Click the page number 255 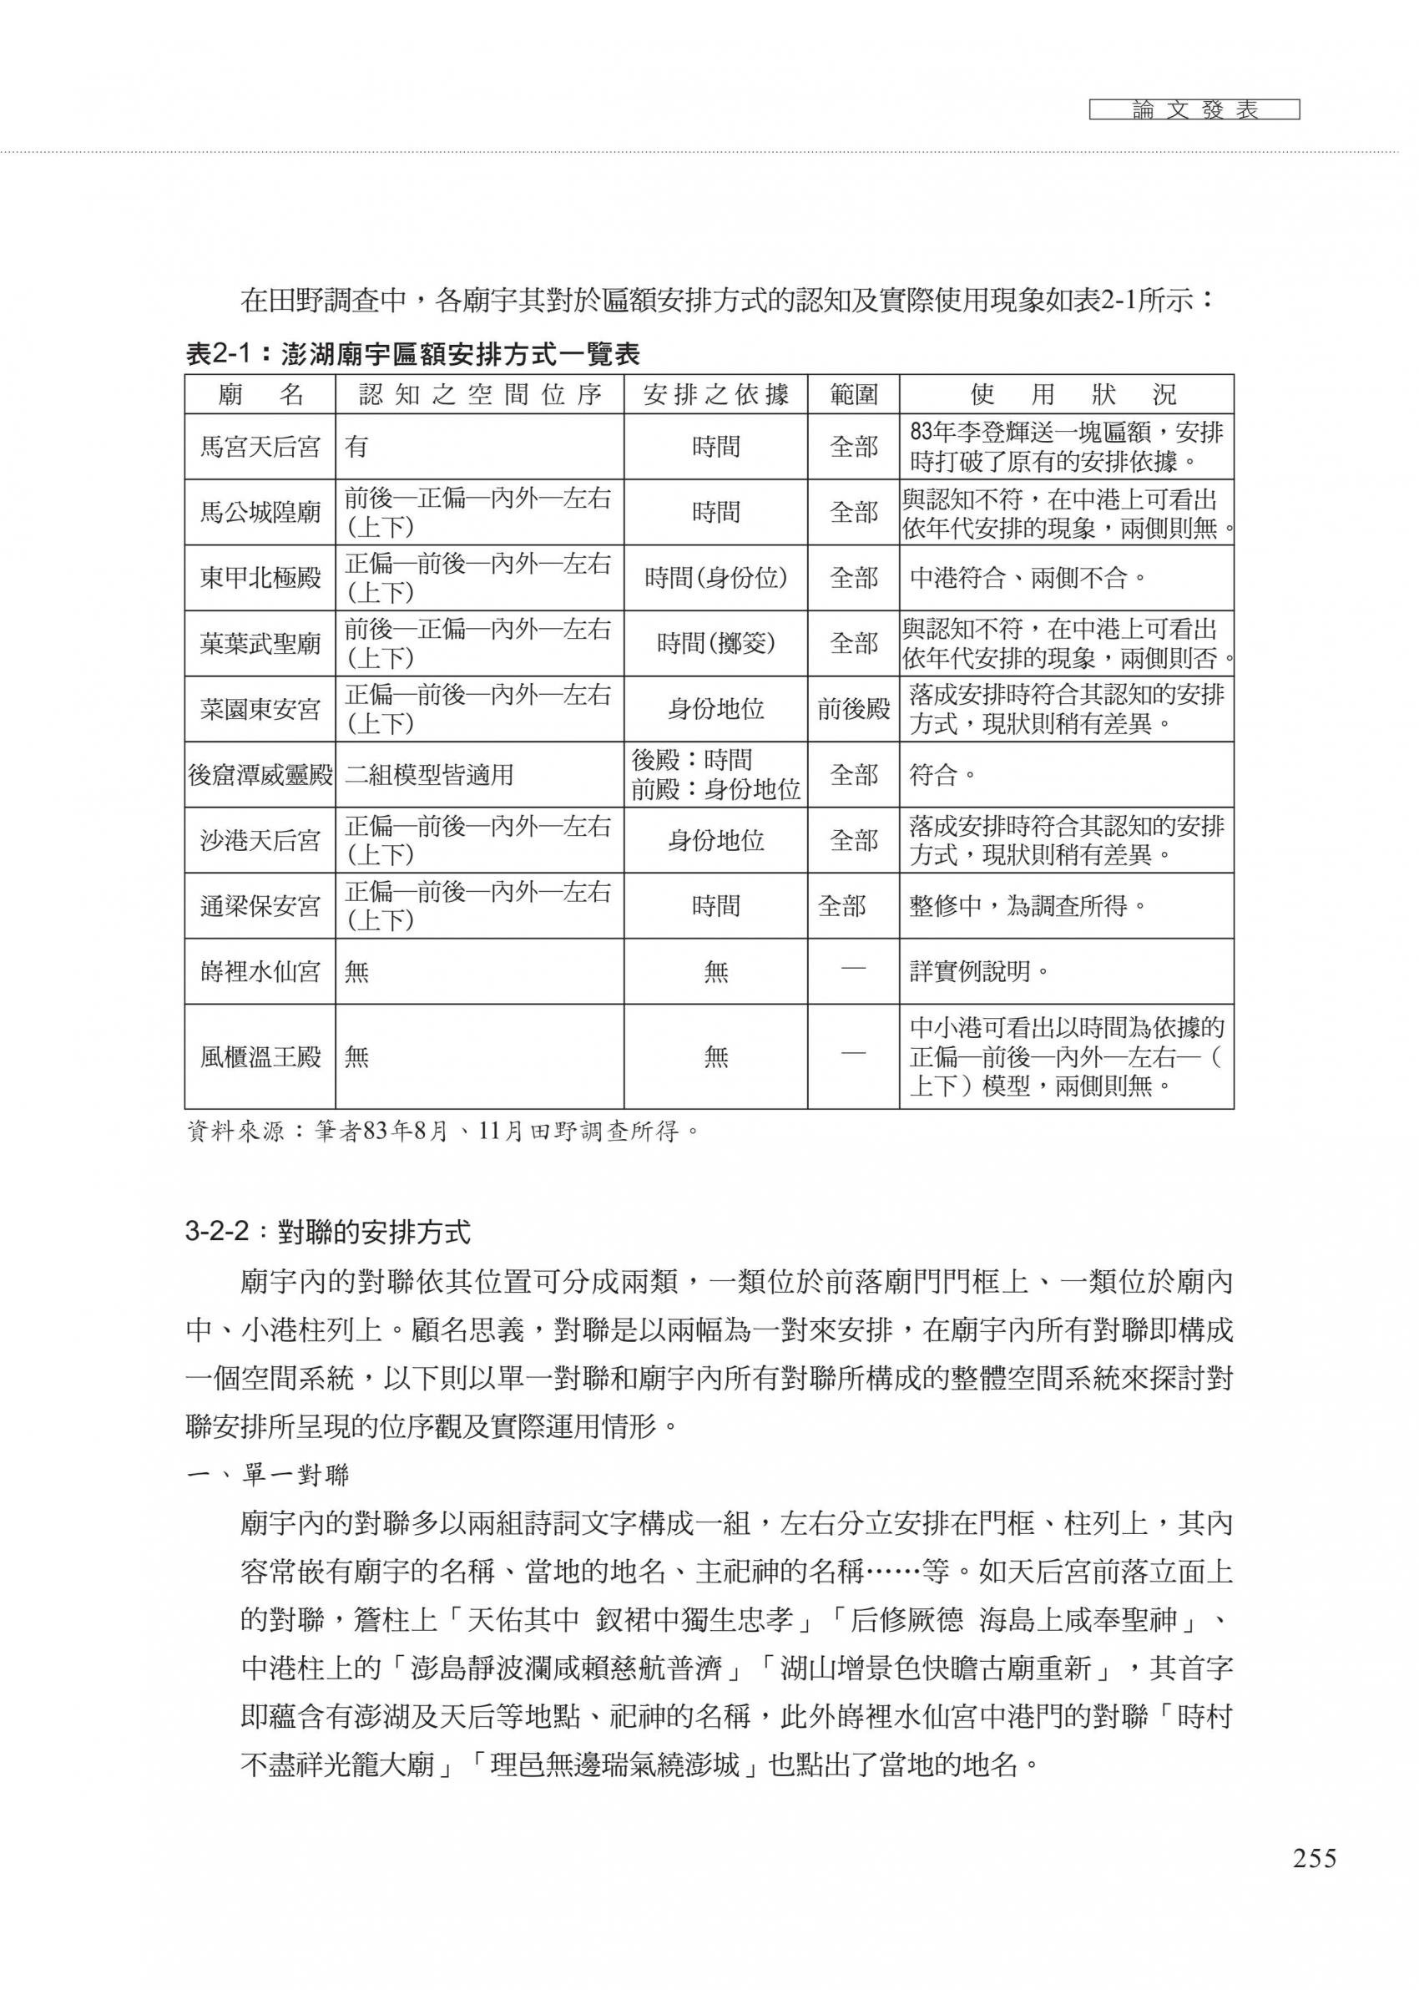click(x=1314, y=1875)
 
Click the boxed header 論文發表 click(x=1194, y=110)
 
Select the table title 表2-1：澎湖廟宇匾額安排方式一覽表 click(x=412, y=354)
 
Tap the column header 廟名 click(x=260, y=395)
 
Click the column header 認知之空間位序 click(x=480, y=395)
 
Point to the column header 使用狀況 click(x=1066, y=395)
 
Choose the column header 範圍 click(x=853, y=395)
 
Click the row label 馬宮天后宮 click(x=260, y=448)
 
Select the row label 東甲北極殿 click(x=260, y=578)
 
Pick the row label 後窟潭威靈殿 click(x=260, y=774)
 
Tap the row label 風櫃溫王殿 click(x=260, y=1056)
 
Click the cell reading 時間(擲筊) click(x=715, y=643)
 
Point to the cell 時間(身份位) click(x=715, y=578)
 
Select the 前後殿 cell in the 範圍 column click(x=853, y=709)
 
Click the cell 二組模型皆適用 click(x=429, y=775)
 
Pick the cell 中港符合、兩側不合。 click(x=1028, y=578)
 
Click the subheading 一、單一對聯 click(x=268, y=1476)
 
